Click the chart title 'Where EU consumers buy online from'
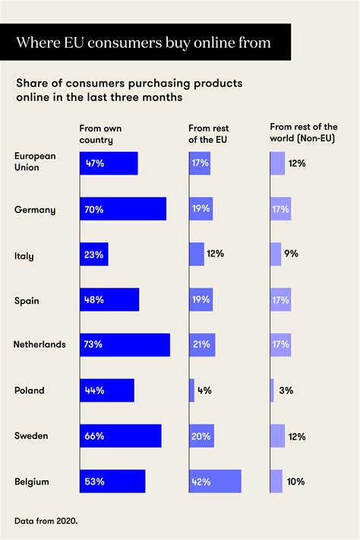(x=144, y=43)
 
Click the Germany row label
(x=34, y=209)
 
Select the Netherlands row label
(x=39, y=345)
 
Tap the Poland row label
(x=29, y=390)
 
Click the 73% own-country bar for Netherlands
(x=125, y=345)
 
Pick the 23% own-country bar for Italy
(x=94, y=254)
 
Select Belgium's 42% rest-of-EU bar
(x=215, y=482)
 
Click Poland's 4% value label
(x=204, y=390)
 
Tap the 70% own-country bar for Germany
(x=122, y=209)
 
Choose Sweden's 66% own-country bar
(x=120, y=436)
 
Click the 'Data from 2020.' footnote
(x=46, y=520)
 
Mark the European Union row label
(x=35, y=163)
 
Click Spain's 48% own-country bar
(x=109, y=300)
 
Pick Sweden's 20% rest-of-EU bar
(x=201, y=436)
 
